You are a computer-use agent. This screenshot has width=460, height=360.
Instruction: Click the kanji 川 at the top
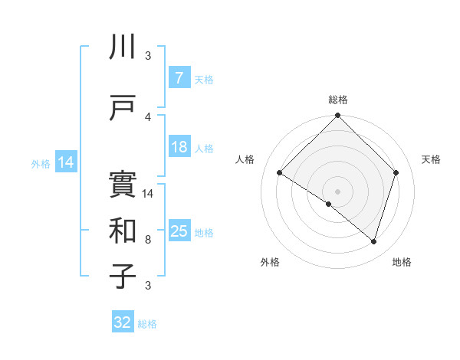[x=123, y=48]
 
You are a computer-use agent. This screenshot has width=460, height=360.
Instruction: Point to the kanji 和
[x=123, y=231]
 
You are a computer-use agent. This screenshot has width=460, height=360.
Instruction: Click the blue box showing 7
[x=179, y=78]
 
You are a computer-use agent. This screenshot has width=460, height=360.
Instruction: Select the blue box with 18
[x=179, y=147]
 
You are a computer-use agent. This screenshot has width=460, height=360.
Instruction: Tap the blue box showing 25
[x=179, y=231]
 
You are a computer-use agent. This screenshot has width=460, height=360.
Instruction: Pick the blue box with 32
[x=123, y=322]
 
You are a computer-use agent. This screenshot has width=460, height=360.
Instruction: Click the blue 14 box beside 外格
[x=66, y=162]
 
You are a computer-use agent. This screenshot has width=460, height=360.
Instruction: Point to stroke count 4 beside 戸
[x=148, y=116]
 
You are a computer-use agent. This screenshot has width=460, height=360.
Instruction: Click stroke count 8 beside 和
[x=148, y=240]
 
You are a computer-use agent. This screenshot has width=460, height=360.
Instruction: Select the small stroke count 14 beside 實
[x=148, y=194]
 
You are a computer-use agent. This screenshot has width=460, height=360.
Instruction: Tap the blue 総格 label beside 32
[x=148, y=324]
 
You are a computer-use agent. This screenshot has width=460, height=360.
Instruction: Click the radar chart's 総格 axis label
[x=337, y=100]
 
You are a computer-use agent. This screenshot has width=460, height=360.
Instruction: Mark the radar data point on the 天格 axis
[x=396, y=172]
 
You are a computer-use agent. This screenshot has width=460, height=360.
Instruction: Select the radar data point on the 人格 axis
[x=280, y=172]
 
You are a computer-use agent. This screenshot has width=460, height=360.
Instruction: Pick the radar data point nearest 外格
[x=329, y=204]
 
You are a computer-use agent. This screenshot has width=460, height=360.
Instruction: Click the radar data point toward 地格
[x=373, y=241]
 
